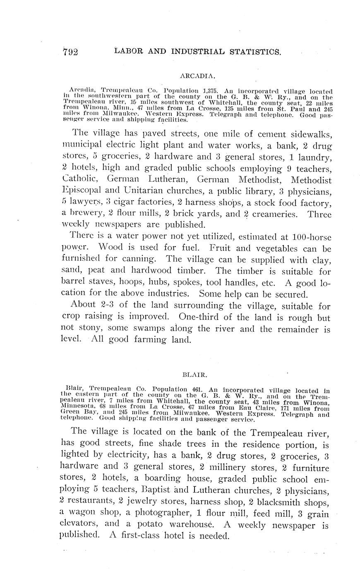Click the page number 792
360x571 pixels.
71,52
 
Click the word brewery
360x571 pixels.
86,214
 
